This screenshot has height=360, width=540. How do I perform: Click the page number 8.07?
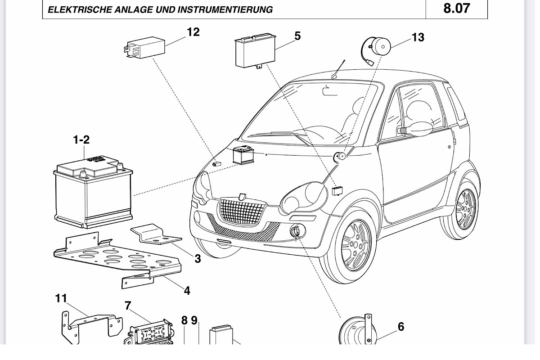click(456, 8)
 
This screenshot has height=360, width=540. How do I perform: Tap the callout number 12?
click(193, 32)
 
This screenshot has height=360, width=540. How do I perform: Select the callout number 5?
click(297, 36)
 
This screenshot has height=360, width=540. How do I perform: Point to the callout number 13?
click(418, 37)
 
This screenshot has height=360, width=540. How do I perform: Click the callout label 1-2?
click(81, 140)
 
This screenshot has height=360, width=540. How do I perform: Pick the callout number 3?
click(198, 259)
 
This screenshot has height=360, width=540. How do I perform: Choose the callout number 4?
click(187, 291)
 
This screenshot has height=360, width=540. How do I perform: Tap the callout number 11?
click(61, 298)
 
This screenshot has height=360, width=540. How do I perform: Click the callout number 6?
click(401, 327)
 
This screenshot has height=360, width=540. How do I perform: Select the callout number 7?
click(128, 306)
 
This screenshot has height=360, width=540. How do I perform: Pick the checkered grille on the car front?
click(242, 211)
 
